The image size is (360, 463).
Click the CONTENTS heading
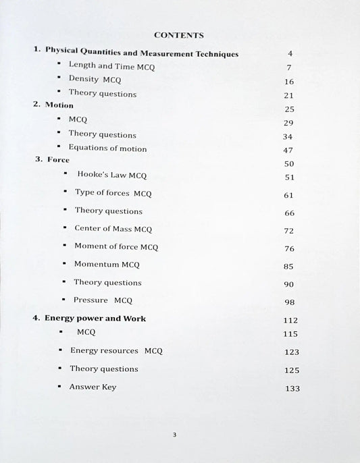tap(179, 34)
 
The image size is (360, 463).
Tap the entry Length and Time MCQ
tap(104, 66)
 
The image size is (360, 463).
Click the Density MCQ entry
tap(95, 80)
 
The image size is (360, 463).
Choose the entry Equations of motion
tap(107, 148)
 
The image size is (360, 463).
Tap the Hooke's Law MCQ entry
tap(111, 175)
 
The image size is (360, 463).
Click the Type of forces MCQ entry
tap(113, 193)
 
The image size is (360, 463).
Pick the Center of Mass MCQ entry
tap(113, 229)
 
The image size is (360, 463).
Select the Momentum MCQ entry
tap(106, 265)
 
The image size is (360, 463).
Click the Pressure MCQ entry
tap(103, 300)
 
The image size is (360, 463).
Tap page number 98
tap(290, 303)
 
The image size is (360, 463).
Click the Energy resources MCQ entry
tap(116, 351)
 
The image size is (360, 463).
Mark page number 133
tap(292, 388)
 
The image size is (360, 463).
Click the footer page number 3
tap(174, 435)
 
